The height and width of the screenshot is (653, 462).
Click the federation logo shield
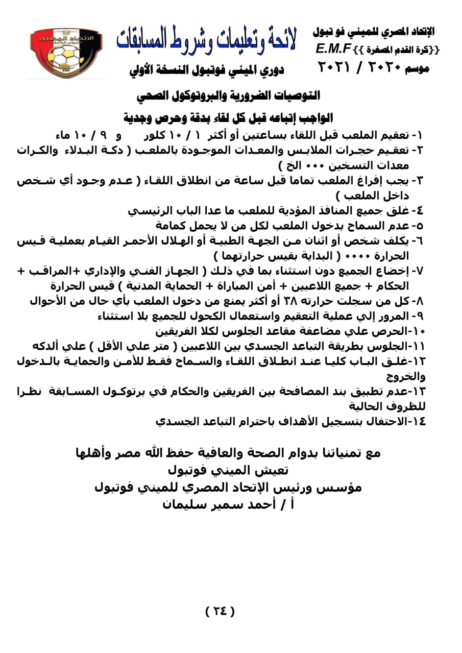pos(66,53)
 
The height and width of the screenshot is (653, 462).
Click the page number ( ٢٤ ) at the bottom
pos(220,611)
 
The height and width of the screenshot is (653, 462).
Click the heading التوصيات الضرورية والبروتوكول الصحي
pos(228,95)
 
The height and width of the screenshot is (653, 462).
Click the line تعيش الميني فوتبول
pos(228,470)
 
